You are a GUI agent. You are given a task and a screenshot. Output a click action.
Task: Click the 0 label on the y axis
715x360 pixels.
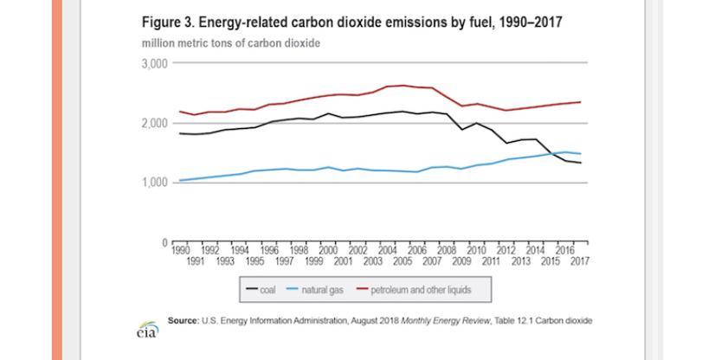[164, 242]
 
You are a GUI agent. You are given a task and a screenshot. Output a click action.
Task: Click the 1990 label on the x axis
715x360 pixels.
[180, 249]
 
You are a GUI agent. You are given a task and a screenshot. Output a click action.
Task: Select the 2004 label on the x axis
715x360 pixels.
[388, 249]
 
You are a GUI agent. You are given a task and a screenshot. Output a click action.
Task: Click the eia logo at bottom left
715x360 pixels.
[146, 330]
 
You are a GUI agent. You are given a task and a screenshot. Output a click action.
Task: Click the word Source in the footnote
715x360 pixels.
[182, 320]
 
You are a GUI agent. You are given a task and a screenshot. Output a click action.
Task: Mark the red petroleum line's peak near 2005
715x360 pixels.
[403, 85]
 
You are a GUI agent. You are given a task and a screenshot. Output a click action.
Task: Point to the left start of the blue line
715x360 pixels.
[178, 180]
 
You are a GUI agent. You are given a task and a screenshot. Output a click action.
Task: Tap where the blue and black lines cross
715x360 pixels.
[551, 155]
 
